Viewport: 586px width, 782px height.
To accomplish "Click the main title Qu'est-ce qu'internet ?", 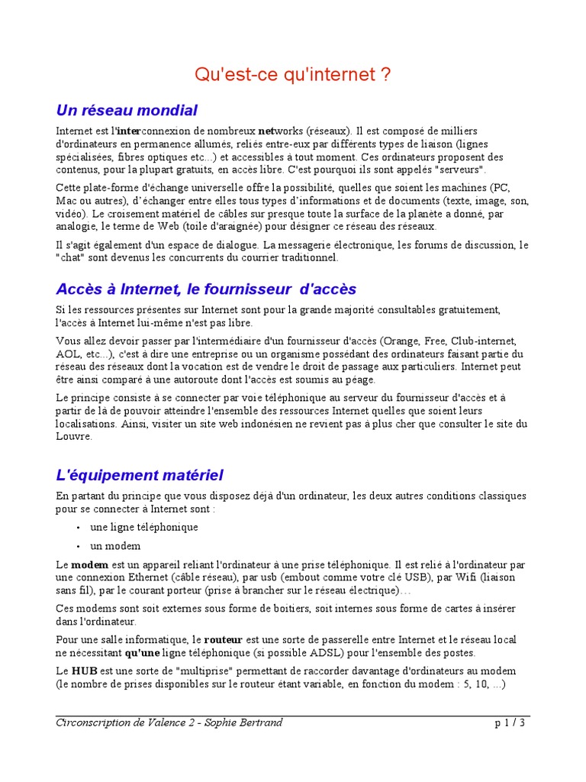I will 293,75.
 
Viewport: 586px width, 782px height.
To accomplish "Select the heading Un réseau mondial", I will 127,110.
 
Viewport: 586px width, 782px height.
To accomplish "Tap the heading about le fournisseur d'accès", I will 206,289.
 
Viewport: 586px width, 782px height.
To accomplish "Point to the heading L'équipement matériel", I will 140,475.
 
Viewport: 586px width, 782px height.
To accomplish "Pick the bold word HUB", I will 84,671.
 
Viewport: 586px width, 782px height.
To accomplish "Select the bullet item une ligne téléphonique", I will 144,527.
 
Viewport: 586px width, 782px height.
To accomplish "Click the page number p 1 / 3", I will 510,723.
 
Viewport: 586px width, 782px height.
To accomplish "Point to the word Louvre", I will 73,437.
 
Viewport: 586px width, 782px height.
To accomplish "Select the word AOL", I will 69,354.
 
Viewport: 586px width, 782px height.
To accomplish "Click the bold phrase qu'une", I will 143,653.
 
